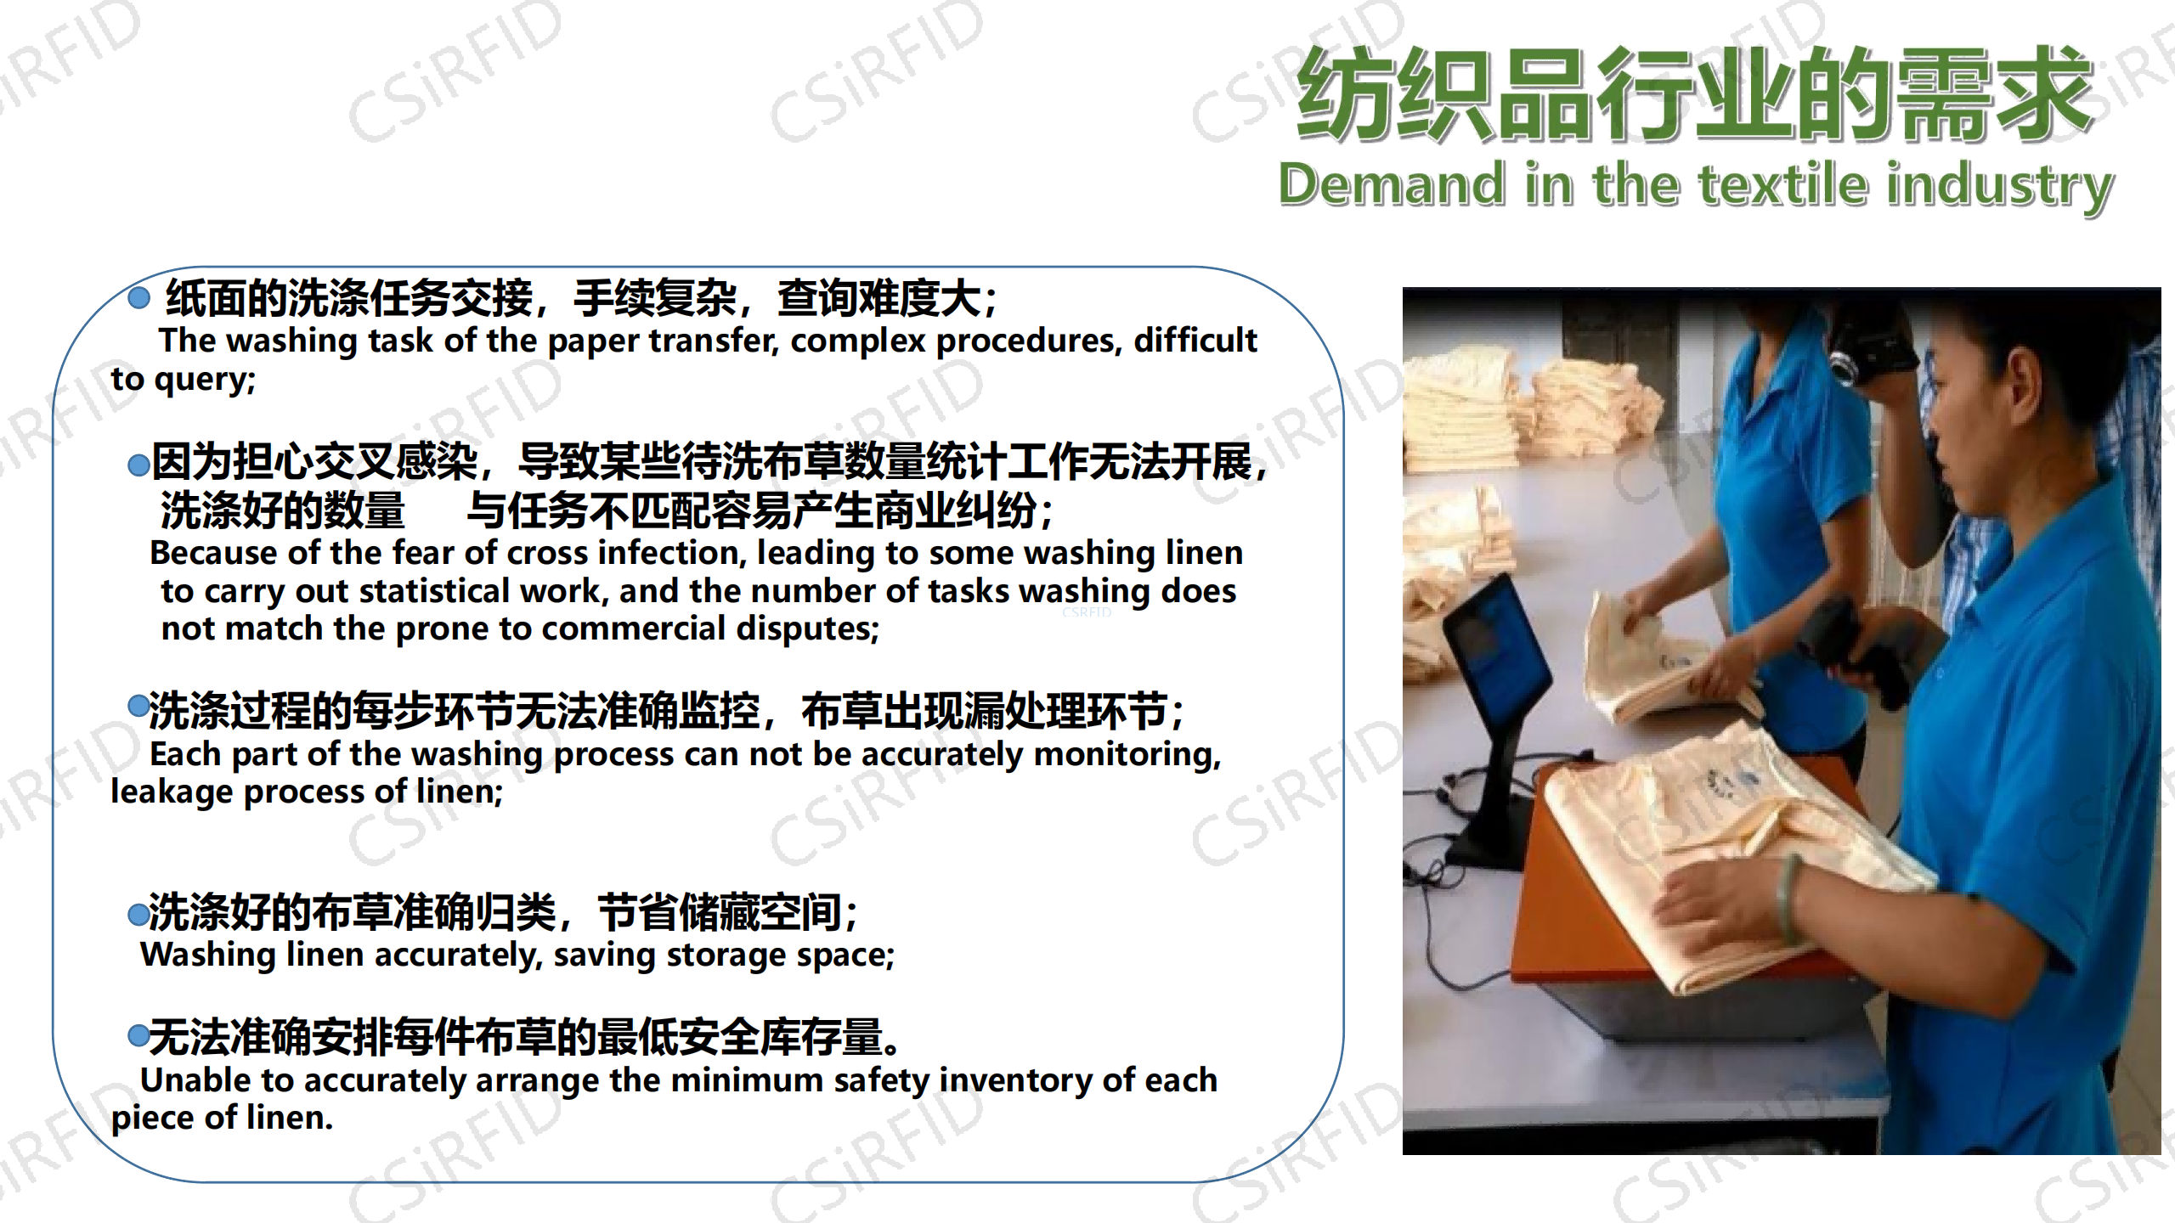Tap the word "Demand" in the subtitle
click(1392, 184)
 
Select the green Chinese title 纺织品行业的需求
click(1694, 94)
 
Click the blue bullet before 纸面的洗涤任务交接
click(138, 297)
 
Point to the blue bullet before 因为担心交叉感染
click(138, 465)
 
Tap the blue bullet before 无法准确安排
click(138, 1034)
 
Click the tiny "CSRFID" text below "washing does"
click(1087, 611)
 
